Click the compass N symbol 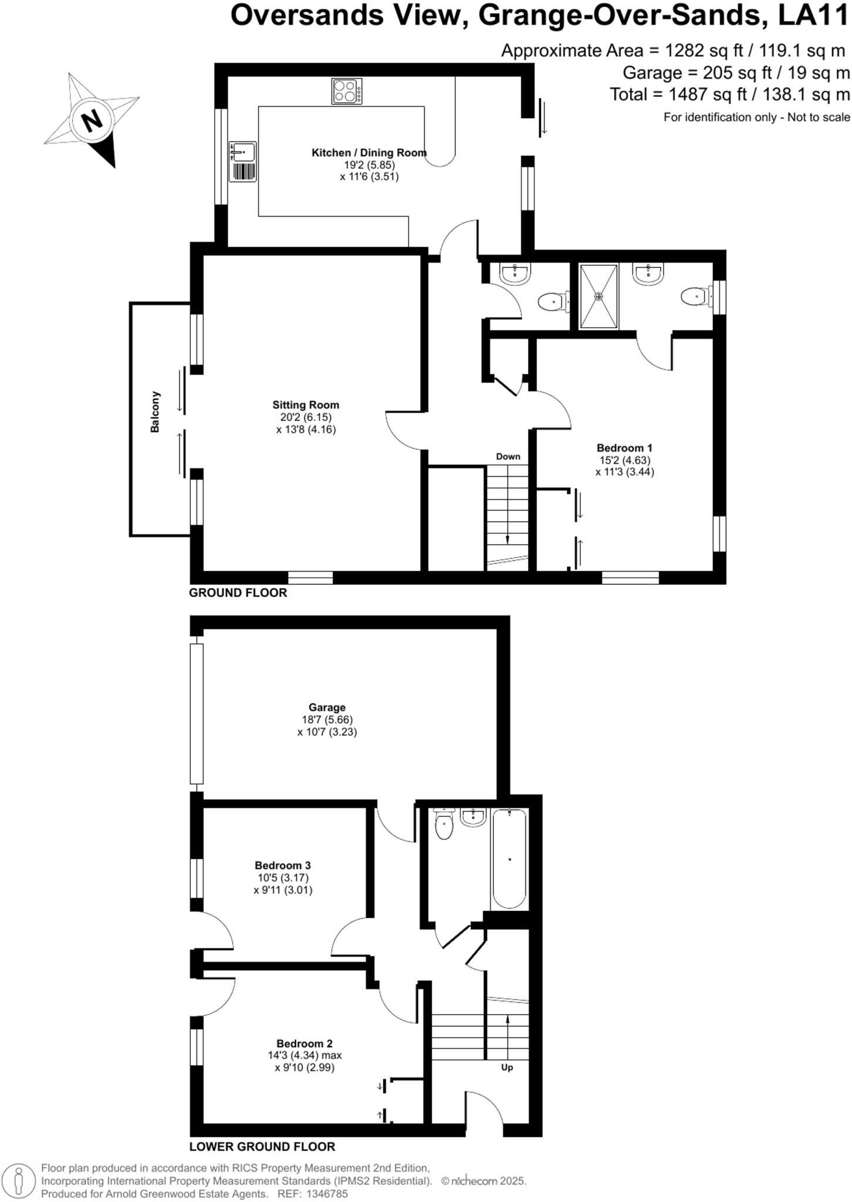(x=91, y=121)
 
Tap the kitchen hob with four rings (x=347, y=91)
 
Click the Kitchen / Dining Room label (x=368, y=153)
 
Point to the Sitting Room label (x=306, y=405)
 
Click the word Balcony (x=155, y=412)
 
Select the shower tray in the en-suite (x=599, y=296)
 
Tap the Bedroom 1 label (x=624, y=448)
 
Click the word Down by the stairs (x=508, y=457)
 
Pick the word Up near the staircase (x=507, y=1067)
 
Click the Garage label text (x=327, y=708)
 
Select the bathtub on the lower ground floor (x=509, y=859)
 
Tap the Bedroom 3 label (x=283, y=865)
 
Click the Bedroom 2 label (x=305, y=1044)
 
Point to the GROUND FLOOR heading (x=238, y=593)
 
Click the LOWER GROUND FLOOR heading (x=262, y=1147)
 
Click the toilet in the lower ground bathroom (x=445, y=825)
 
